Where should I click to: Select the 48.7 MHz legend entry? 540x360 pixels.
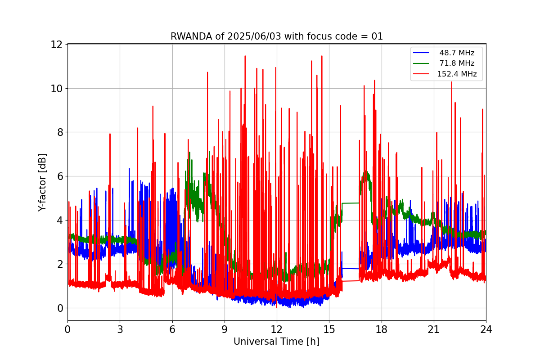tap(457, 53)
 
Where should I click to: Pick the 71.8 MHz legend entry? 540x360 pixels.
tap(457, 63)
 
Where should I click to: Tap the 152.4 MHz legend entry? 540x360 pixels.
tap(457, 74)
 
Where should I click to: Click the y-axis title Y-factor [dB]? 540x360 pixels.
tap(43, 182)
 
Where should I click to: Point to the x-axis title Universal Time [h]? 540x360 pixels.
tap(276, 342)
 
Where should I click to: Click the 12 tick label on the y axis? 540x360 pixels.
tap(56, 45)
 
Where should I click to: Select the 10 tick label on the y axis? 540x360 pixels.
tap(56, 88)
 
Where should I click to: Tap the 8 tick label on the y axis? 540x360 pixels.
tap(59, 132)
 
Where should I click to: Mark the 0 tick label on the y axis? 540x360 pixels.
tap(59, 308)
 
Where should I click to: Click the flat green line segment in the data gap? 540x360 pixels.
tap(351, 203)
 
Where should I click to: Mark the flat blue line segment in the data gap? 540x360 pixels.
tap(351, 269)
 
